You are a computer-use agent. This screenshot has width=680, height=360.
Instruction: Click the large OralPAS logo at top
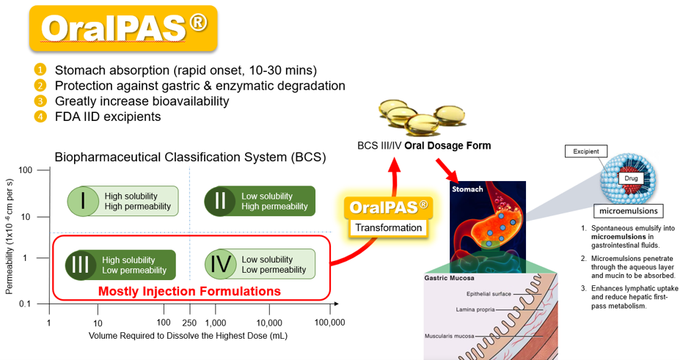point(123,29)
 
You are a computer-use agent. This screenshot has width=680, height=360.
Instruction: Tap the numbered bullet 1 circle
point(40,70)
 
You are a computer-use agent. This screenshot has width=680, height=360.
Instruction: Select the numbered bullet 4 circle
point(40,117)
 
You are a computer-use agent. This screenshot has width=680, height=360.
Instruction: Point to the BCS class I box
point(123,201)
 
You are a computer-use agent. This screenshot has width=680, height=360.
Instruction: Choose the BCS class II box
point(260,201)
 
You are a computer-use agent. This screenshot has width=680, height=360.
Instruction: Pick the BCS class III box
point(120,265)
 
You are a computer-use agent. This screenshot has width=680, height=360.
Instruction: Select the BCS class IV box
point(260,264)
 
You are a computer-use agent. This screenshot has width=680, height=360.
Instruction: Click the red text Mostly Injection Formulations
point(189,291)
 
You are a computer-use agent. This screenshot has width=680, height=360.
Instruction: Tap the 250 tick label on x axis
point(189,323)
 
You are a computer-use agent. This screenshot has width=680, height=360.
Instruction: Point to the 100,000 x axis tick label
point(329,323)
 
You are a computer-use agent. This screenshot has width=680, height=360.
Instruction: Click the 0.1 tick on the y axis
point(25,304)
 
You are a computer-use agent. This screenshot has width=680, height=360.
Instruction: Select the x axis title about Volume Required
point(188,336)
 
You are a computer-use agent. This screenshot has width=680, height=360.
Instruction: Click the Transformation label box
point(389,228)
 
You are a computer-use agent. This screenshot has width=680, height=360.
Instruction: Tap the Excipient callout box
point(586,152)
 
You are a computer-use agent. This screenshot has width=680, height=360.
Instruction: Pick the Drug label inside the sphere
point(631,178)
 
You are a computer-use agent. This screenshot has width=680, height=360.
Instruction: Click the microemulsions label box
point(629,211)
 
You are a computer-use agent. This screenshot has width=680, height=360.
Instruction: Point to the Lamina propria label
point(475,309)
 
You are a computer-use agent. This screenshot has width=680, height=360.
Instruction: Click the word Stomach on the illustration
point(467,189)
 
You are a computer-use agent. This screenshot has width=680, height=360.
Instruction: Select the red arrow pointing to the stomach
point(447,171)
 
